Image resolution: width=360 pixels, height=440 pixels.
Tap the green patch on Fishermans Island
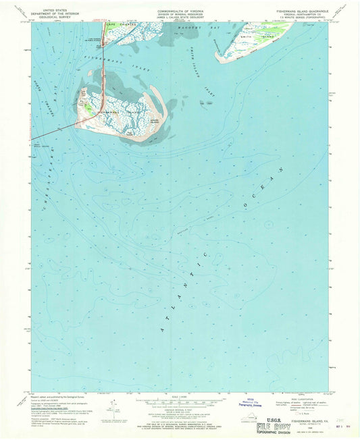[88, 107]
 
